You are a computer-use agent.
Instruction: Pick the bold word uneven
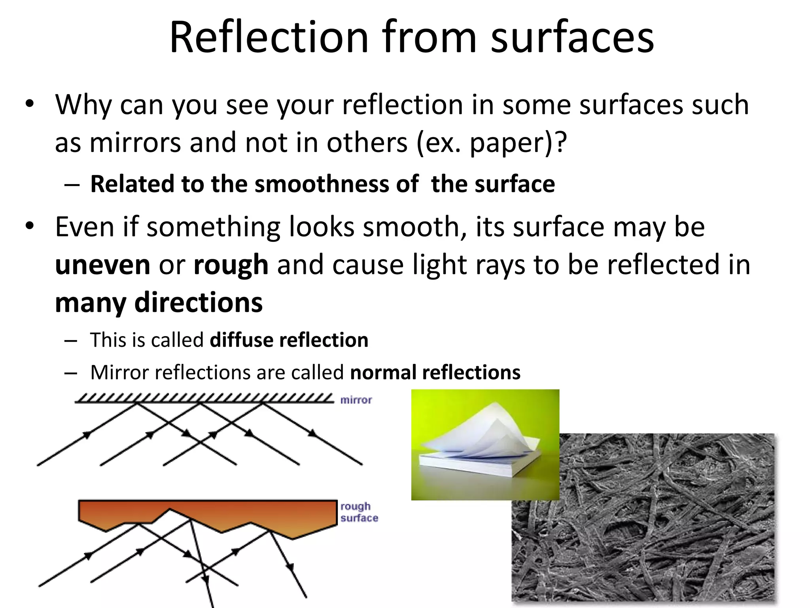pyautogui.click(x=102, y=265)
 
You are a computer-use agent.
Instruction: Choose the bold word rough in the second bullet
pyautogui.click(x=231, y=265)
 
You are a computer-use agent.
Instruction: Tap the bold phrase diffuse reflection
pyautogui.click(x=289, y=340)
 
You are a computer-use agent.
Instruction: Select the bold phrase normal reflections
pyautogui.click(x=435, y=372)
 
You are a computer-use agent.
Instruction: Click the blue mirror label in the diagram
pyautogui.click(x=356, y=400)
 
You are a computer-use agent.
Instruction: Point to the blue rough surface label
pyautogui.click(x=359, y=512)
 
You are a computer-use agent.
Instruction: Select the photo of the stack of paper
pyautogui.click(x=485, y=444)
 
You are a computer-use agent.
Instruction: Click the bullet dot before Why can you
pyautogui.click(x=30, y=105)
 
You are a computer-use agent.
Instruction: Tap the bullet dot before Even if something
pyautogui.click(x=30, y=227)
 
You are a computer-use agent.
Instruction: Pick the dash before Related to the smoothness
pyautogui.click(x=72, y=185)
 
